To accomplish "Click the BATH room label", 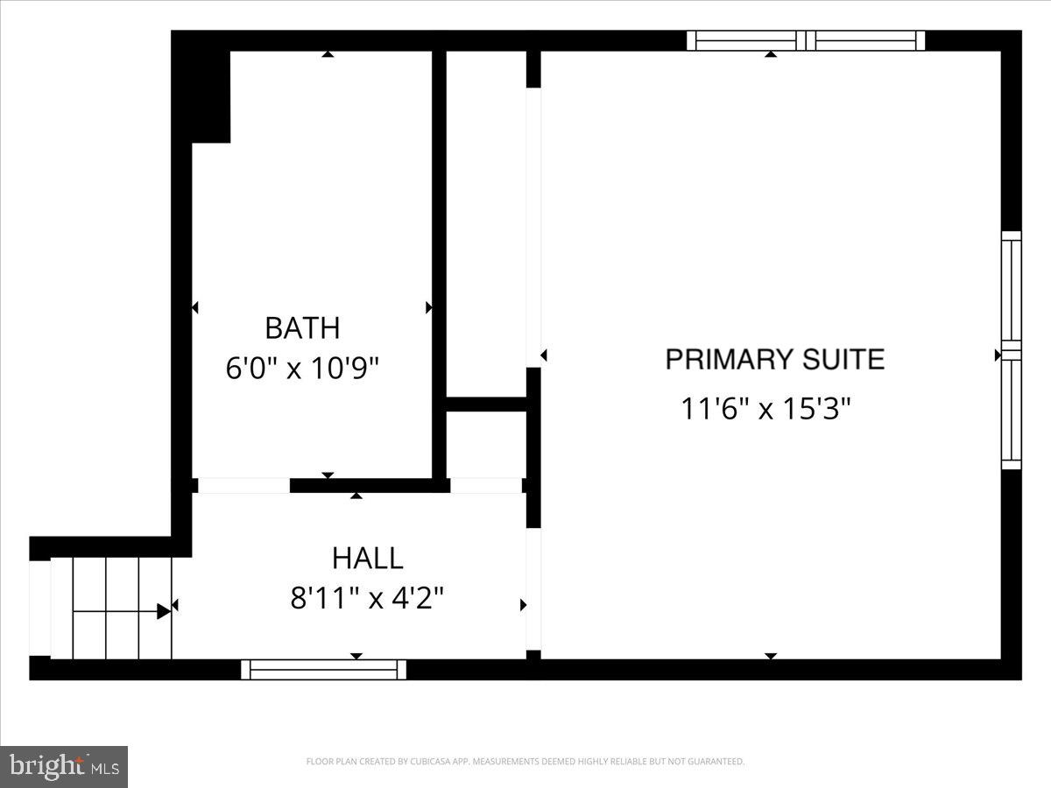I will point(302,328).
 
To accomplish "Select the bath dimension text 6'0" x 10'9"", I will point(302,368).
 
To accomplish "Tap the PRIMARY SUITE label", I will point(774,359).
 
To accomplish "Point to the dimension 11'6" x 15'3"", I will point(766,408).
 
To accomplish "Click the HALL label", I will point(367,558).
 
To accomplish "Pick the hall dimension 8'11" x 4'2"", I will point(367,598).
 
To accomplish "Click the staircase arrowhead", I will point(164,611).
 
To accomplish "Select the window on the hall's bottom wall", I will point(324,670).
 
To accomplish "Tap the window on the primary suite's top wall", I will point(806,40).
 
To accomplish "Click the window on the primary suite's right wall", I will point(1011,350).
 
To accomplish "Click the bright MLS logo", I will point(64,766).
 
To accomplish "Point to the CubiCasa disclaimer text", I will point(525,762).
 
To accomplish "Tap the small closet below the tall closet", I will point(486,445).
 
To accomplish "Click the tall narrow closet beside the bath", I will point(486,223).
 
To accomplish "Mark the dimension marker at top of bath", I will point(328,54).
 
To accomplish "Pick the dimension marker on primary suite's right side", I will point(998,355).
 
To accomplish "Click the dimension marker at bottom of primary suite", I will point(771,656).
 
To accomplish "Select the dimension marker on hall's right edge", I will point(524,604).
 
